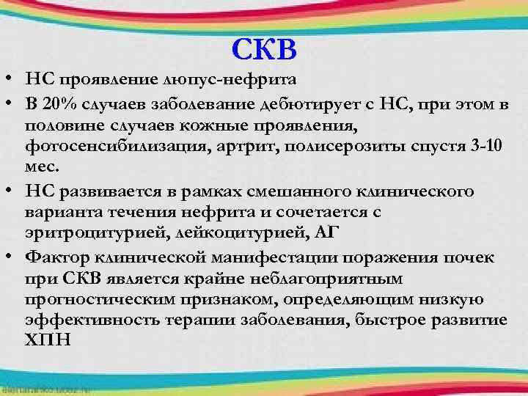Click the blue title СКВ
[264, 49]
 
